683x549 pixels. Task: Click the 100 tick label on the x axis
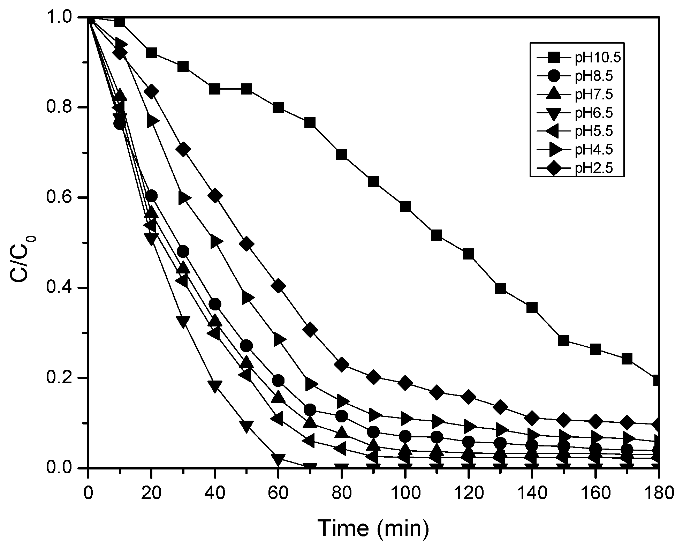[405, 494]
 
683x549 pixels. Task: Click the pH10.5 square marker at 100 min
[405, 206]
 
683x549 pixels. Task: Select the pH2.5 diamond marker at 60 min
[278, 286]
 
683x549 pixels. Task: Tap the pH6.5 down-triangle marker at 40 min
[215, 386]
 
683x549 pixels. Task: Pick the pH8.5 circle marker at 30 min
[183, 251]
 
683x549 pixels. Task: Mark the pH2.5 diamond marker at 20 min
[151, 92]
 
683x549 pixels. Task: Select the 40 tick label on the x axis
[215, 494]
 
